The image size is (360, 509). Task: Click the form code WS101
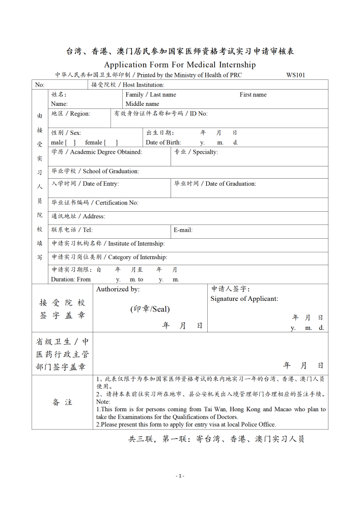(295, 75)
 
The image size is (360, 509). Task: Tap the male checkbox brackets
(70, 143)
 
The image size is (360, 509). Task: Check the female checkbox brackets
(111, 143)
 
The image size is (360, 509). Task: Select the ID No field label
(160, 114)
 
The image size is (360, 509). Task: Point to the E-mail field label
(183, 230)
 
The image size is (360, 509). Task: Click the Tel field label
(72, 230)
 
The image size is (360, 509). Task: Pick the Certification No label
(95, 203)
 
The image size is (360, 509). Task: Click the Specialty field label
(196, 152)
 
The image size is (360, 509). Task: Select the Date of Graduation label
(215, 183)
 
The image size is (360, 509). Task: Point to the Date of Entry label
(85, 183)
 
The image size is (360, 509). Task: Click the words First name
(253, 95)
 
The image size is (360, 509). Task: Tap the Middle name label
(143, 104)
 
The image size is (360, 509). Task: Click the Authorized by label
(118, 289)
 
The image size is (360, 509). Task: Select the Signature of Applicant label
(244, 299)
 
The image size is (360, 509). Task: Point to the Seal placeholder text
(150, 309)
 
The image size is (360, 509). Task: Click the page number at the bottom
(180, 476)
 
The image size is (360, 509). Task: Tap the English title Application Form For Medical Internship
(180, 65)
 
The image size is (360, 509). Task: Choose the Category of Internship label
(109, 257)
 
